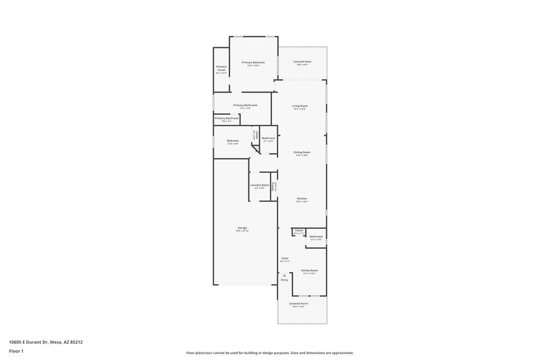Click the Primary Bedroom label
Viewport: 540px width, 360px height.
(253, 62)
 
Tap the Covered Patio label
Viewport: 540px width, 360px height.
(301, 62)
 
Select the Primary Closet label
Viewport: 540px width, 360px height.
(221, 68)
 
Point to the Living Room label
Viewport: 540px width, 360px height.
(300, 106)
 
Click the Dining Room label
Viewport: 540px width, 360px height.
(302, 153)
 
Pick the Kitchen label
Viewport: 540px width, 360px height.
(302, 199)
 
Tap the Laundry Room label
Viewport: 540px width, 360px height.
(260, 185)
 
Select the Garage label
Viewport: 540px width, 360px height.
(242, 228)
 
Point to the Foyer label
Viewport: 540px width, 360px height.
(285, 259)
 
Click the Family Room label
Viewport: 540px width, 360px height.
(309, 270)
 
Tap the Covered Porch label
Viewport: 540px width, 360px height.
(299, 304)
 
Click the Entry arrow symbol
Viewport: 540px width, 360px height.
(285, 275)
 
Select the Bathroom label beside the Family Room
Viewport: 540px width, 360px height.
(316, 236)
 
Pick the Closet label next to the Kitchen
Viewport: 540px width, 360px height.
(298, 231)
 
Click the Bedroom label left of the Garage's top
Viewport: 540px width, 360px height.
(232, 140)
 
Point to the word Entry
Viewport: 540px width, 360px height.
(284, 280)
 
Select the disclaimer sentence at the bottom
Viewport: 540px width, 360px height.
(269, 353)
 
